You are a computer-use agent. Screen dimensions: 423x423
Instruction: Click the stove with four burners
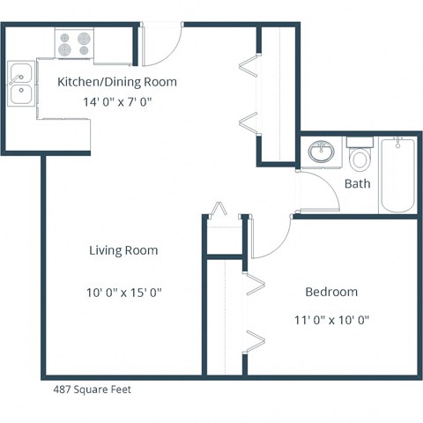pyautogui.click(x=74, y=43)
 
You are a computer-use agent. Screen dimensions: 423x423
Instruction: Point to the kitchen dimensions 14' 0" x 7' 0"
pyautogui.click(x=117, y=102)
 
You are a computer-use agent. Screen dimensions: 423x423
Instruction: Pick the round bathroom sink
pyautogui.click(x=321, y=152)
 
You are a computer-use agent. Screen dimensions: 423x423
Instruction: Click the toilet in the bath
pyautogui.click(x=360, y=158)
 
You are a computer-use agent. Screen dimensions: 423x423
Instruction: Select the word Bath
pyautogui.click(x=357, y=184)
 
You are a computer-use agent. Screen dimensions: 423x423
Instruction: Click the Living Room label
pyautogui.click(x=123, y=250)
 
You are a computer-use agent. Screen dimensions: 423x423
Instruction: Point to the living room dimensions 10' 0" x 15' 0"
pyautogui.click(x=123, y=292)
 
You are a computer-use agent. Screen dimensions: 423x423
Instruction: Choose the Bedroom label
pyautogui.click(x=331, y=292)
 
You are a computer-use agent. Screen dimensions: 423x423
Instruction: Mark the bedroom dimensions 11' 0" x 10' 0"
pyautogui.click(x=331, y=320)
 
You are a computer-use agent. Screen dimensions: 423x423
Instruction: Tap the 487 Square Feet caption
pyautogui.click(x=93, y=389)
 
